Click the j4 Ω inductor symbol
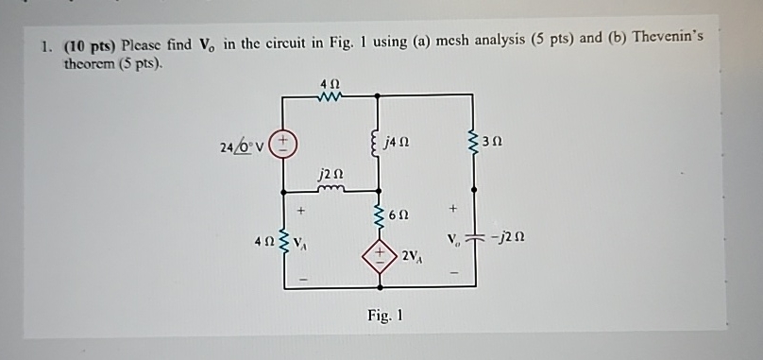[379, 145]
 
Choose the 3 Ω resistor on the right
[474, 142]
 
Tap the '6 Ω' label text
[402, 215]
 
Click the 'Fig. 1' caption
[384, 316]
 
